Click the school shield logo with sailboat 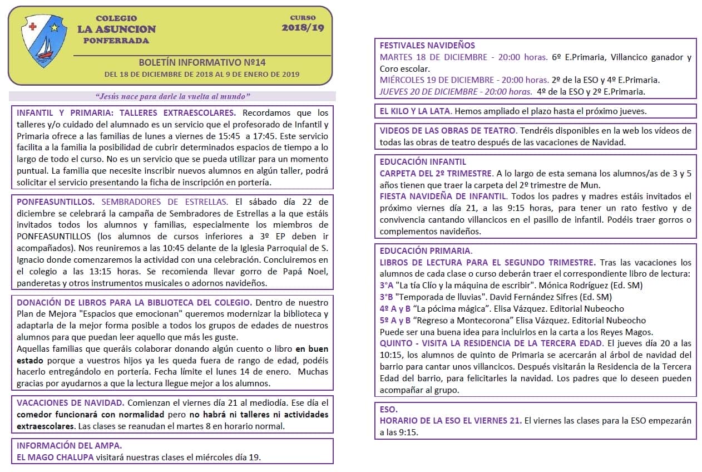[x=40, y=42]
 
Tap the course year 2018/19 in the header [x=303, y=27]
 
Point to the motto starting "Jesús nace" [x=172, y=96]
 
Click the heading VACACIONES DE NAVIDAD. [x=70, y=402]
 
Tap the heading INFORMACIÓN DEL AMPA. [x=69, y=445]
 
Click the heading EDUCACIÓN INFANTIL [x=423, y=161]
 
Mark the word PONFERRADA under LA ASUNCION [x=116, y=41]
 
